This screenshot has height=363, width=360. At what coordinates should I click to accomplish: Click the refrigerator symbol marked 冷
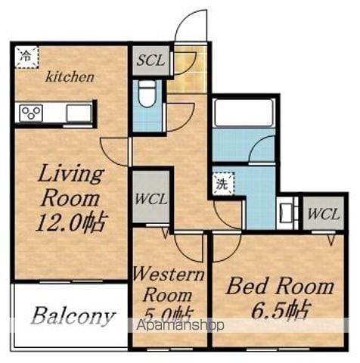pos(26,57)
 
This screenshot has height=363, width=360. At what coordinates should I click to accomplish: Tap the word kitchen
pos(70,77)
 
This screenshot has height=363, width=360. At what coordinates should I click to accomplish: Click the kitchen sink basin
pos(79,113)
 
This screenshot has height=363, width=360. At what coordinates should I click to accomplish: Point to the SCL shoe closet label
pos(151,60)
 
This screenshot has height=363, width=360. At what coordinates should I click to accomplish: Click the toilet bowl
pos(147,94)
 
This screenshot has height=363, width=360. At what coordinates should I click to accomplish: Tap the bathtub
pos(244,113)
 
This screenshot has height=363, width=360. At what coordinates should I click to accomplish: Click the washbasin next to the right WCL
pos(285,213)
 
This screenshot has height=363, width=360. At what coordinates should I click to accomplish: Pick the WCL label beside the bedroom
pos(324,215)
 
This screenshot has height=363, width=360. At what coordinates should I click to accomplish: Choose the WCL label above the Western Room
pos(151,199)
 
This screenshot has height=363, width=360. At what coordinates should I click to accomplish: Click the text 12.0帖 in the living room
pos(70,223)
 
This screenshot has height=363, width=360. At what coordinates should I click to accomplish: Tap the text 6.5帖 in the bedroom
pos(280,310)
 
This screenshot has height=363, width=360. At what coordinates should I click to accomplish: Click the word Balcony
pos(73,316)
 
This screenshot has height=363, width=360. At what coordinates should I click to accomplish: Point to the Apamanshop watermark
pos(180,325)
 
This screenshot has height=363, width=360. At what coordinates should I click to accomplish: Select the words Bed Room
pos(280,286)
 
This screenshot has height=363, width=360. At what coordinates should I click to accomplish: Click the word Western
pos(169,274)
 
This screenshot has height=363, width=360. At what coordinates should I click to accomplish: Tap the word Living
pos(71,174)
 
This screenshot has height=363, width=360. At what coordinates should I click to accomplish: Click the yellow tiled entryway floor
pos(188,70)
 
